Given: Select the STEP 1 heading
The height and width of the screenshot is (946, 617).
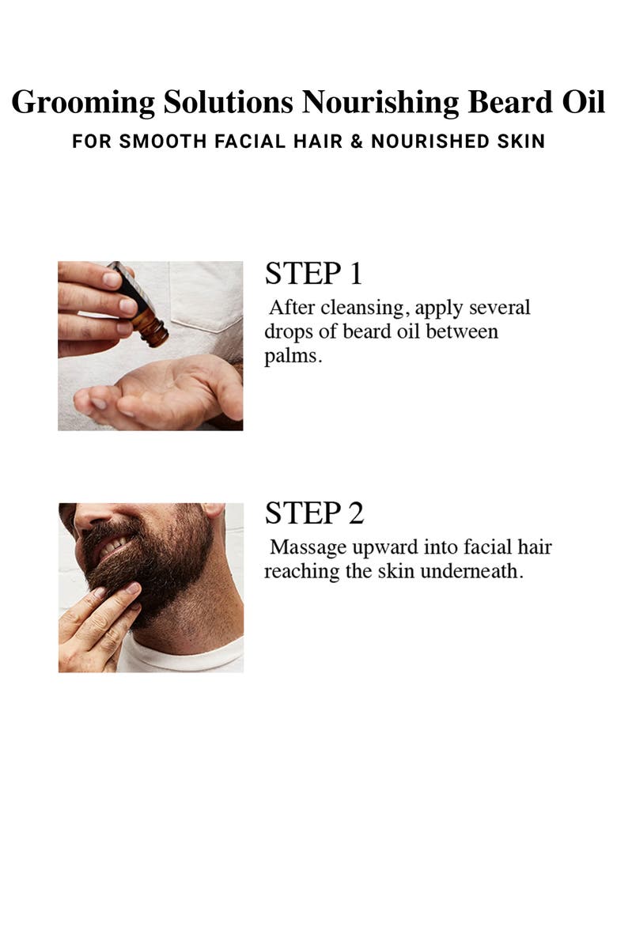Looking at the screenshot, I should click(x=313, y=274).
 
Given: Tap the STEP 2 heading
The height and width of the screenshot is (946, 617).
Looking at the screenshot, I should click(x=314, y=513).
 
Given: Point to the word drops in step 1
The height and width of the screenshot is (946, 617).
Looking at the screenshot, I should click(x=288, y=331).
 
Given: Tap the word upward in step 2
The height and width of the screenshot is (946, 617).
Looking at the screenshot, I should click(x=383, y=547).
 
